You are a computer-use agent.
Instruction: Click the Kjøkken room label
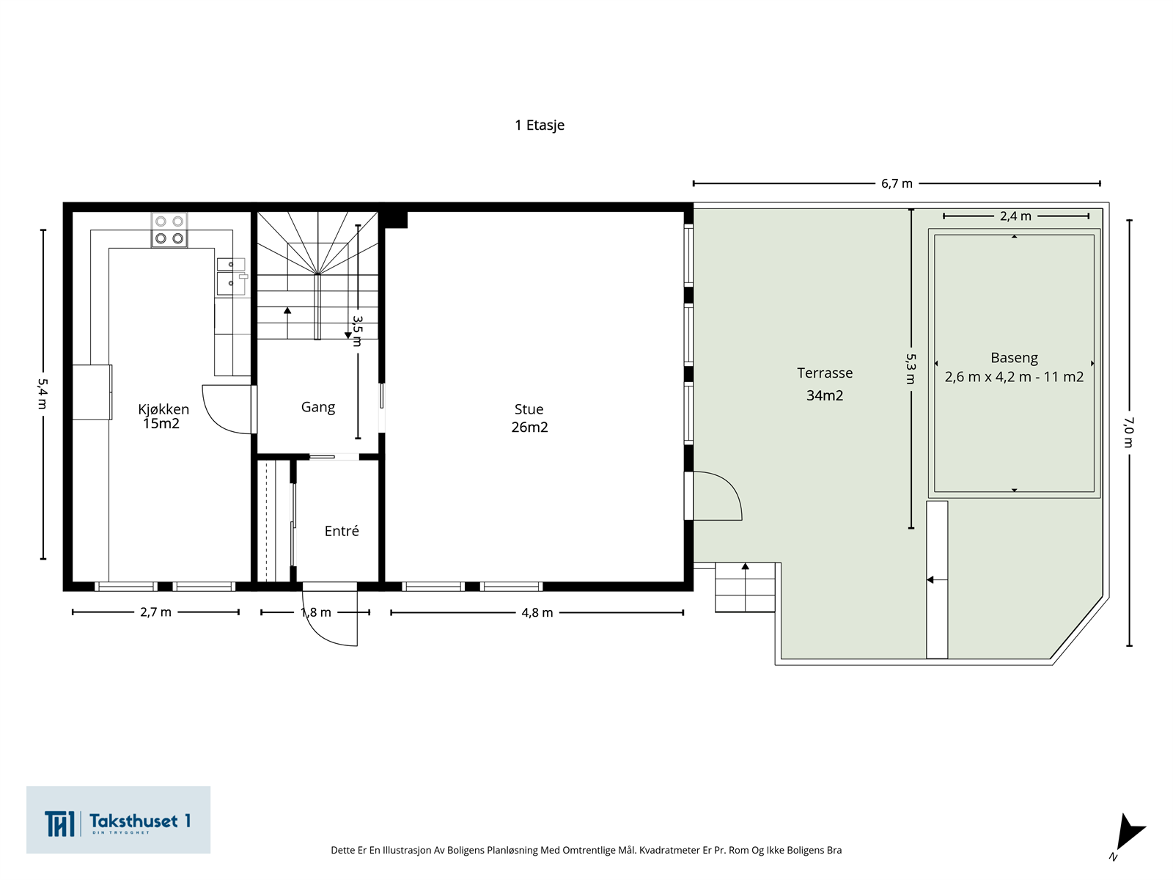point(163,409)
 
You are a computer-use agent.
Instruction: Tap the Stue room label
point(529,409)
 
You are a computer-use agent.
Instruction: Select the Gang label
point(318,407)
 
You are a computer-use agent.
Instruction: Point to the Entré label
point(342,530)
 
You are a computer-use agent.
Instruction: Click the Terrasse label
point(825,373)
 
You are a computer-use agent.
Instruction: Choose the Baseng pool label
point(1014,358)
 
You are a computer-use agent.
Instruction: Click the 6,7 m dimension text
point(897,184)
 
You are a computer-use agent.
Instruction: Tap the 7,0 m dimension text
point(1128,432)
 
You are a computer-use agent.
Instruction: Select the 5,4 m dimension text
point(43,394)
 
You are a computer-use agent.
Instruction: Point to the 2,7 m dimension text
point(155,612)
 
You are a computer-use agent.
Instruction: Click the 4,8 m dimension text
point(537,613)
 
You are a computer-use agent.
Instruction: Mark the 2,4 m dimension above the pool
point(1015,216)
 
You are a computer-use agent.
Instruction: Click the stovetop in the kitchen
point(169,230)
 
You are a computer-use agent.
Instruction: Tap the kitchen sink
point(232,276)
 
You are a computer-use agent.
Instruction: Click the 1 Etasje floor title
point(539,125)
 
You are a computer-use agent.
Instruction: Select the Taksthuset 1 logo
point(118,820)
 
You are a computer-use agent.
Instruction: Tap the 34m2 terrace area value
point(825,395)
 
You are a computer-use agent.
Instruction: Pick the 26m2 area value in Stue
point(529,427)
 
